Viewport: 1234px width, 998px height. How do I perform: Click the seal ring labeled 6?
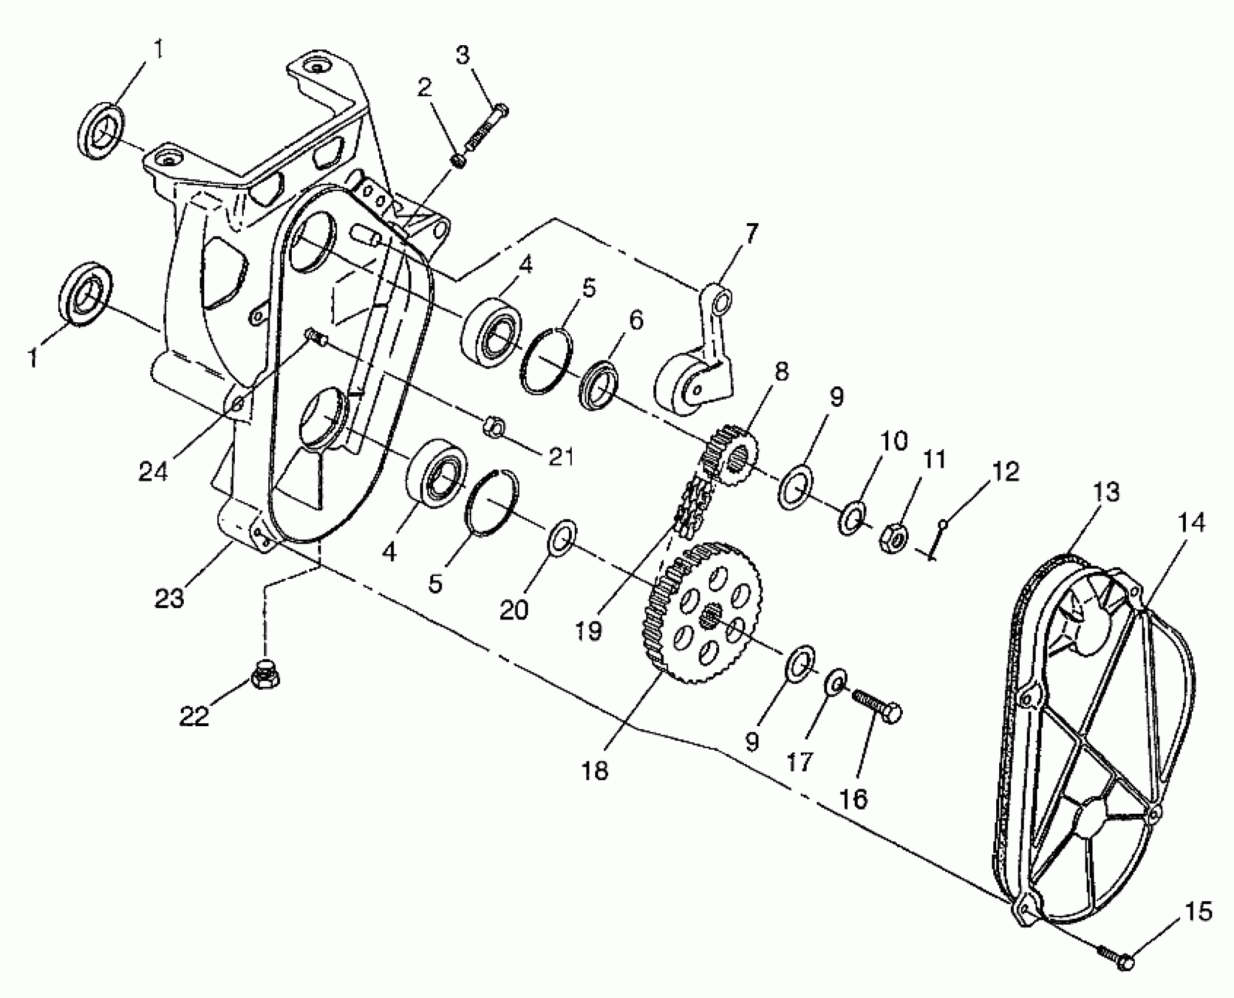click(x=599, y=385)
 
